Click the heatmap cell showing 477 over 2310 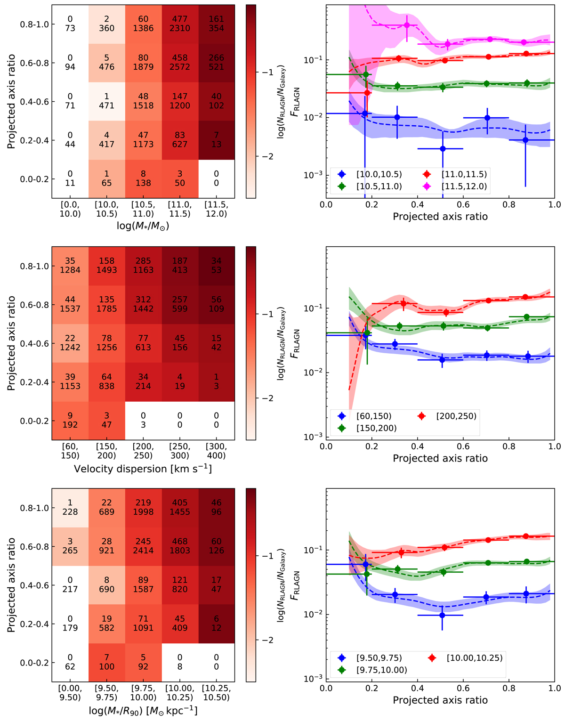[x=180, y=24]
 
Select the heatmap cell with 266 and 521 [x=216, y=63]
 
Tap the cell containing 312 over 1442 [x=143, y=304]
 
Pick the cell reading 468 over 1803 [x=180, y=546]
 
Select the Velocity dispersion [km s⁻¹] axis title [x=143, y=469]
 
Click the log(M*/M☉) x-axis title [x=143, y=227]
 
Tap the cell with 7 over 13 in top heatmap [x=216, y=140]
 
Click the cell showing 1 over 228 [x=70, y=508]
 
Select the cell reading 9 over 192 [x=70, y=421]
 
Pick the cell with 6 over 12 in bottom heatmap [x=216, y=624]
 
